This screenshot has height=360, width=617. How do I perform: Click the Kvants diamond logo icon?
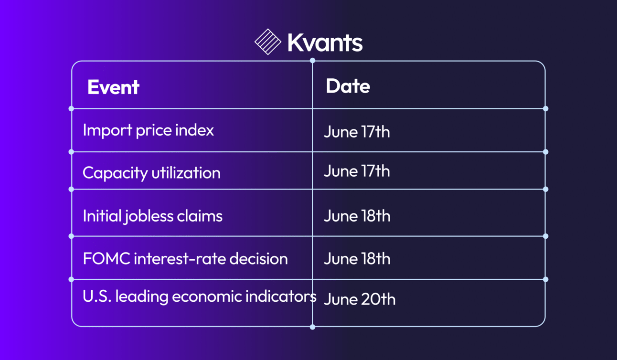tap(268, 42)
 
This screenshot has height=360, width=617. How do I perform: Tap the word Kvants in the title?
tap(325, 42)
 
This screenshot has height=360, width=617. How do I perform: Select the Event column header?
tap(113, 87)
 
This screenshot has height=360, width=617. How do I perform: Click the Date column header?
tap(348, 86)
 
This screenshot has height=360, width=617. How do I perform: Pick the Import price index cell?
tap(148, 130)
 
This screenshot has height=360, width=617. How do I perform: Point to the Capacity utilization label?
tap(151, 173)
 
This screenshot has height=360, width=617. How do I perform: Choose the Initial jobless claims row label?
tap(153, 216)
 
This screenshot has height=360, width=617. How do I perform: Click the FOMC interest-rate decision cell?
tap(185, 259)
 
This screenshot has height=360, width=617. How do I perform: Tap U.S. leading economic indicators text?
tap(200, 296)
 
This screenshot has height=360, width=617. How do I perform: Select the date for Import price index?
tap(357, 132)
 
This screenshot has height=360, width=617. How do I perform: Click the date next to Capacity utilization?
tap(357, 171)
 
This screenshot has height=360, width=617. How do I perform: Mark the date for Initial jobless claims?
tap(357, 216)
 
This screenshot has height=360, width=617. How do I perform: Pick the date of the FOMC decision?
tap(357, 259)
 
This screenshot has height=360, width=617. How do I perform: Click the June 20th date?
tap(360, 299)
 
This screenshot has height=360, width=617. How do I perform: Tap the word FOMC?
tap(106, 259)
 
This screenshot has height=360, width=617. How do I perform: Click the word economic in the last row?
tap(207, 296)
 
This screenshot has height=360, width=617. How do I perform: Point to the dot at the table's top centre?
tap(312, 60)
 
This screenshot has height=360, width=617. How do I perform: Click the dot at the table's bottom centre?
tap(312, 327)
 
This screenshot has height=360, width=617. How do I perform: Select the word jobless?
tap(148, 216)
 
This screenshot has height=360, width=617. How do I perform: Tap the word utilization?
tap(186, 173)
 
